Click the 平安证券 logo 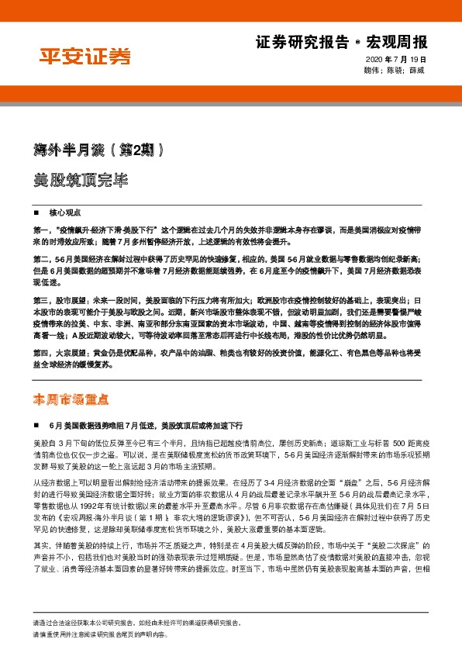click(x=85, y=55)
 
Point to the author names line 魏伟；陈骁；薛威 click(x=395, y=71)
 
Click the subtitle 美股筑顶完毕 click(x=77, y=179)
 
